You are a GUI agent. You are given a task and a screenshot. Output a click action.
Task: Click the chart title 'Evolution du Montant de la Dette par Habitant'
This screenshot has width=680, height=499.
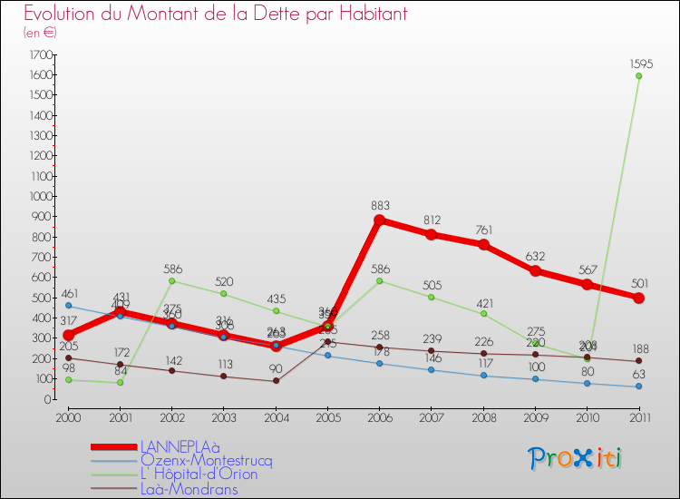pos(215,15)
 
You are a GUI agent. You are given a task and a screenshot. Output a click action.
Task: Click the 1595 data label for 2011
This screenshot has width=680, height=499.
pos(638,64)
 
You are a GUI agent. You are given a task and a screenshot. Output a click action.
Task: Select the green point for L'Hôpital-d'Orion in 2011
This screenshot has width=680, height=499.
pos(638,76)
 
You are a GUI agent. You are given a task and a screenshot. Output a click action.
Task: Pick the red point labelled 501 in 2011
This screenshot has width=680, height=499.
pos(638,298)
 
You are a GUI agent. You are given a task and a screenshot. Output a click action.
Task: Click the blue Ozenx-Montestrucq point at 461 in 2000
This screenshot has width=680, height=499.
pos(69,306)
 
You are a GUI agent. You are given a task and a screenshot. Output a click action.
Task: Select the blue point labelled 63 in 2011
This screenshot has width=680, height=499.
pos(638,386)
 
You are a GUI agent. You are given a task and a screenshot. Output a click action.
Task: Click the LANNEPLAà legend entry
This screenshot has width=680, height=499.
pos(181,447)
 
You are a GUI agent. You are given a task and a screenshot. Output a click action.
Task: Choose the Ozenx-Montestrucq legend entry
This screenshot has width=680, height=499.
pos(206,461)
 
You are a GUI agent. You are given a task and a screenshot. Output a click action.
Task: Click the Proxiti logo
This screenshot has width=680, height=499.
pos(575,458)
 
